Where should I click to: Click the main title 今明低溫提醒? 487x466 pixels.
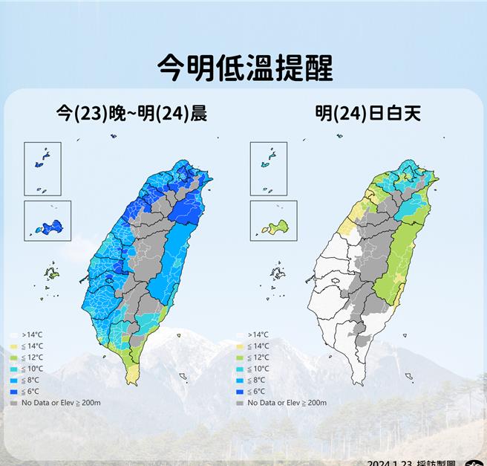click(x=245, y=68)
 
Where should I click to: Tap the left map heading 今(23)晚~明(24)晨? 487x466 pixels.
click(x=131, y=114)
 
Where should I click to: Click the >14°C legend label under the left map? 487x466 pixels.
click(x=33, y=335)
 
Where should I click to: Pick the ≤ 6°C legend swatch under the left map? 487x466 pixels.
click(x=15, y=392)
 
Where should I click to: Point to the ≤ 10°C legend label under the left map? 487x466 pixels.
click(x=33, y=369)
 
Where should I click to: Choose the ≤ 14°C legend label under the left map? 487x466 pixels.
click(x=33, y=346)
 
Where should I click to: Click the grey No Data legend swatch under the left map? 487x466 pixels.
click(x=15, y=403)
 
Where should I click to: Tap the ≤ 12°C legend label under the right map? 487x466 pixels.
click(x=258, y=357)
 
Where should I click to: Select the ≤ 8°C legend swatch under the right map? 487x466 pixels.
click(x=241, y=381)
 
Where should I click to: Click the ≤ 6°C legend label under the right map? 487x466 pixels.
click(x=258, y=392)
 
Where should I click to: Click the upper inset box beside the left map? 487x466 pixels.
click(x=42, y=168)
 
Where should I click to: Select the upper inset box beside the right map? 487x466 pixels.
click(x=269, y=168)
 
